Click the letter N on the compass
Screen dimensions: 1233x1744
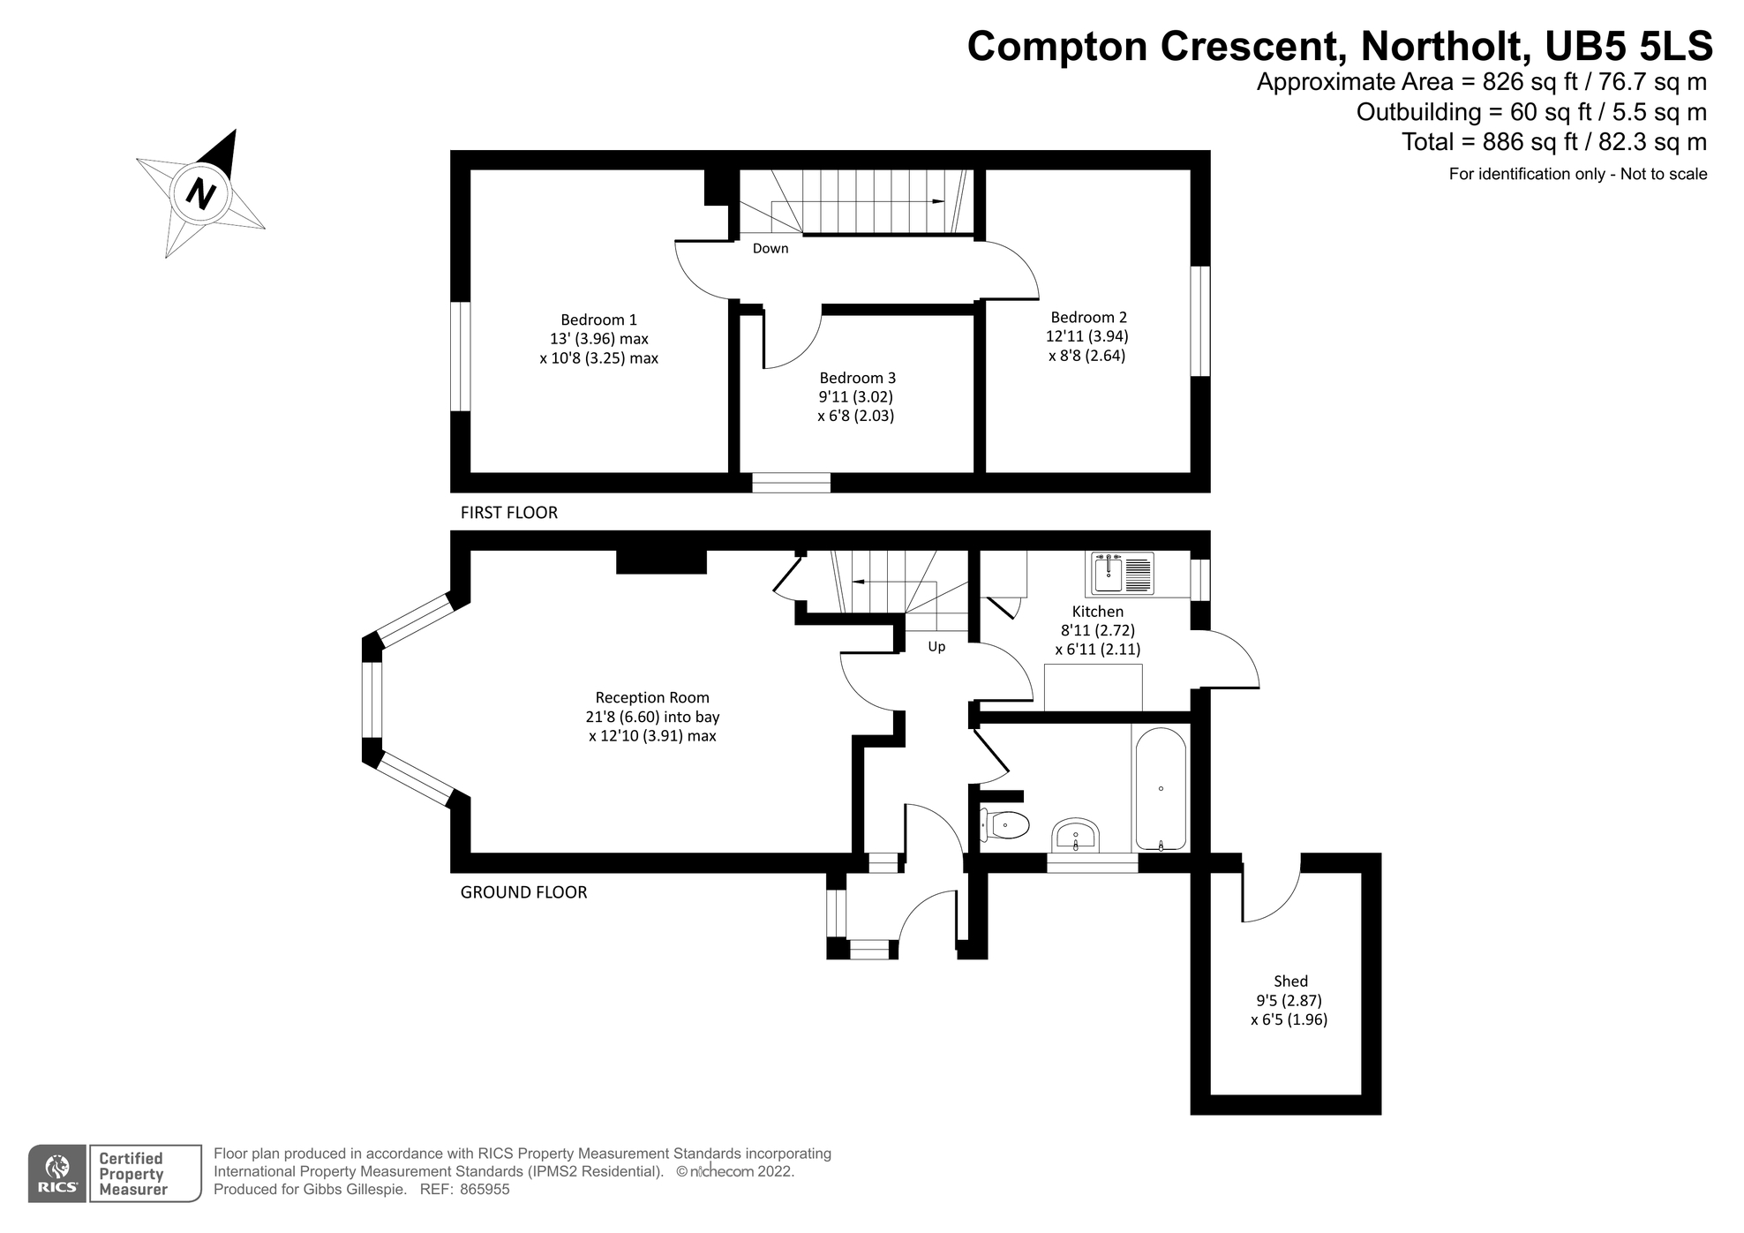tap(201, 193)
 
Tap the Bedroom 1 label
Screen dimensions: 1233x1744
tap(598, 320)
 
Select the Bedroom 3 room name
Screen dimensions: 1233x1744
tap(857, 378)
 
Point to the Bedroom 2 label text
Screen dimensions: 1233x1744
tap(1088, 317)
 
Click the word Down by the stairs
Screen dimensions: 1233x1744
tap(770, 249)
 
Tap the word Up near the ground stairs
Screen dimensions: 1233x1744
tap(936, 647)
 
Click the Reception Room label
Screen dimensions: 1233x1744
tap(651, 697)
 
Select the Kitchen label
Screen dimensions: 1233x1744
tap(1097, 612)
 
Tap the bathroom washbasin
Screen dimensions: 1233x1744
tap(1075, 835)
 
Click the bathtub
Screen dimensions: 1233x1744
tap(1160, 788)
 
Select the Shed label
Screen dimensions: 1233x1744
tap(1290, 981)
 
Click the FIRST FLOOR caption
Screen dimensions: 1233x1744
tap(508, 513)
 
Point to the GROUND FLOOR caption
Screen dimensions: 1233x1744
tap(523, 892)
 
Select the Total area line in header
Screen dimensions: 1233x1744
tap(1553, 142)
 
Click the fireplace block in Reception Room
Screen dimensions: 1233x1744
tap(661, 561)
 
